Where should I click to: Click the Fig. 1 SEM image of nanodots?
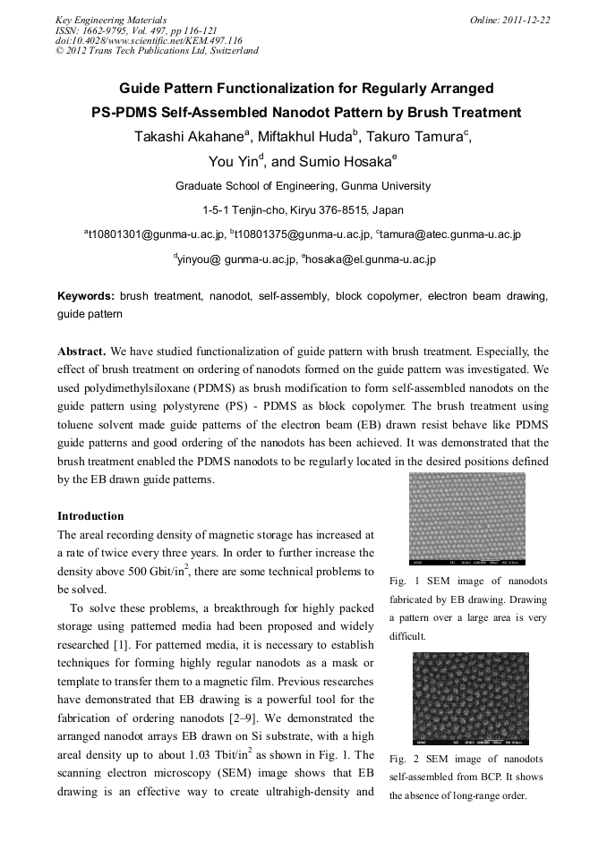point(466,519)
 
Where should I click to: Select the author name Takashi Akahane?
point(184,137)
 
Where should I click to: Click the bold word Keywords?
point(86,296)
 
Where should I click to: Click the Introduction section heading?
point(90,516)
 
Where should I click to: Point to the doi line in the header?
point(149,40)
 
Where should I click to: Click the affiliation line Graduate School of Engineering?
point(303,186)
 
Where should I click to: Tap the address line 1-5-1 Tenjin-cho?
point(303,210)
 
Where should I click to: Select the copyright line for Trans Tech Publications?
point(157,51)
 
